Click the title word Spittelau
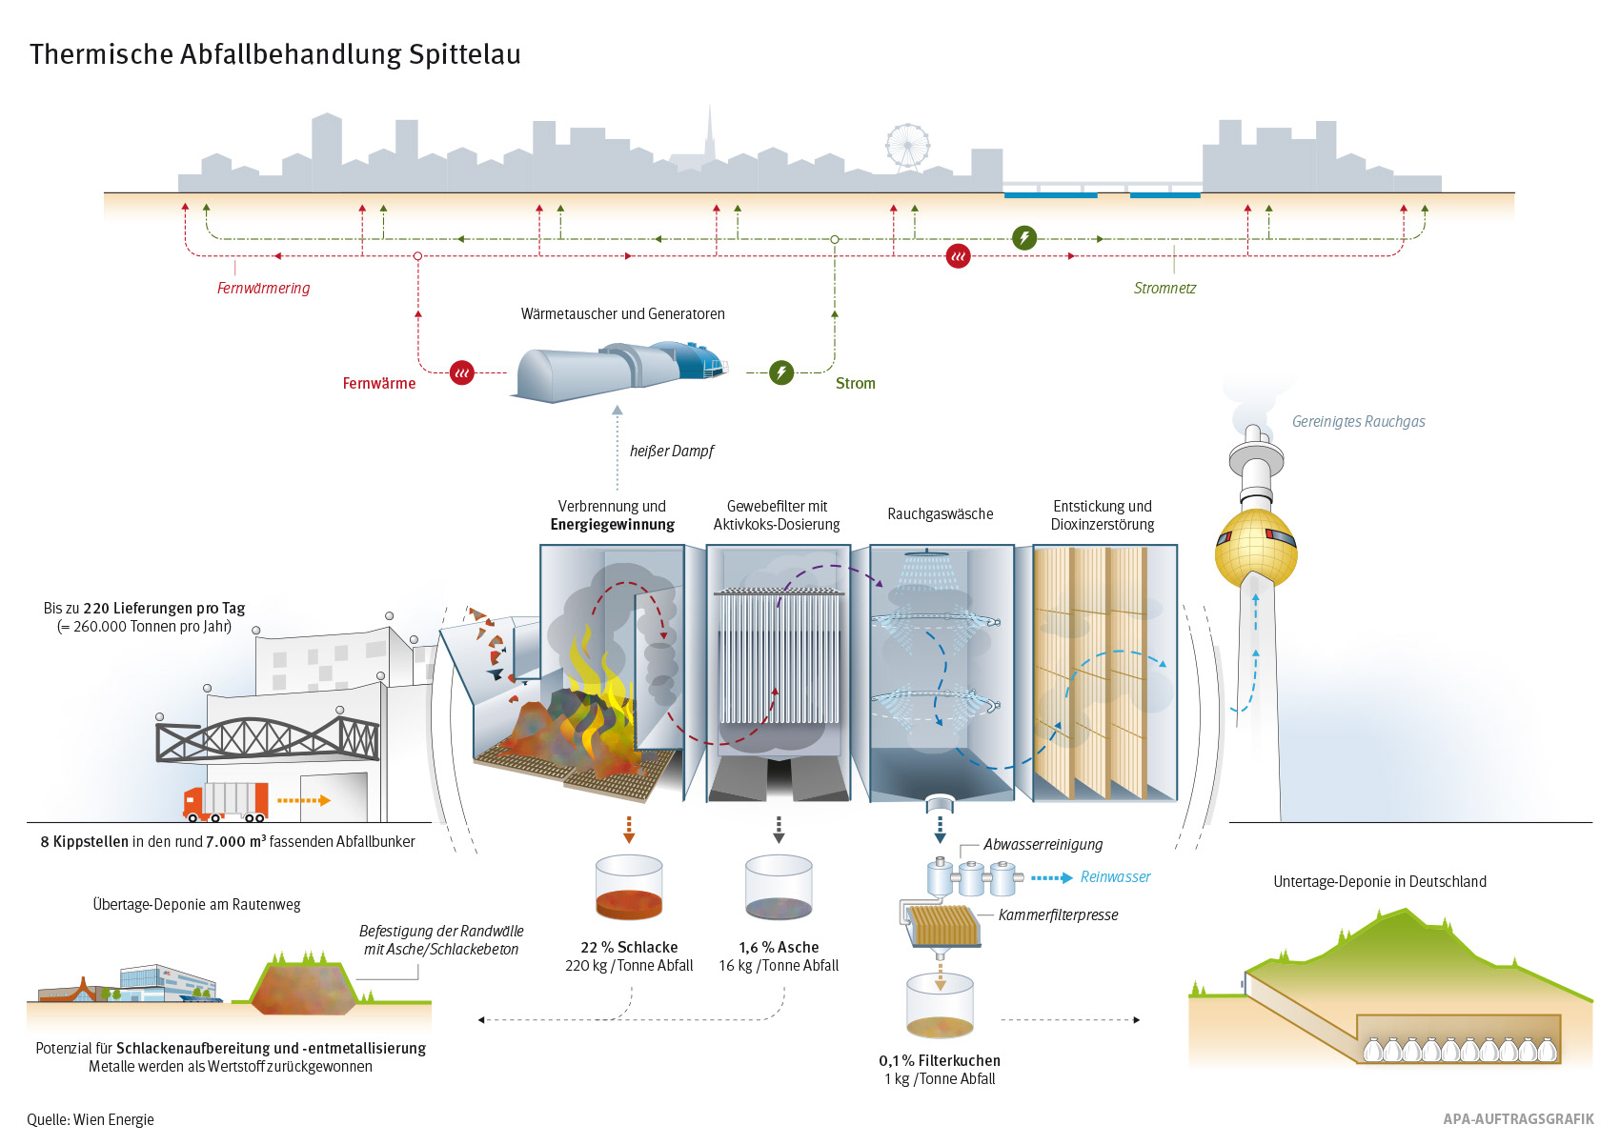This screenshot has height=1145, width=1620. (x=464, y=55)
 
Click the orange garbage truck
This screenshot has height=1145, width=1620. (x=226, y=802)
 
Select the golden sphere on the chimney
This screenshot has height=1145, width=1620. (x=1256, y=549)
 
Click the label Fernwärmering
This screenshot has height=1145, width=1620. (x=263, y=289)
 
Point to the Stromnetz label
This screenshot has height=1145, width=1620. (x=1164, y=289)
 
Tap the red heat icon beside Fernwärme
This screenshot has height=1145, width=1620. (x=462, y=373)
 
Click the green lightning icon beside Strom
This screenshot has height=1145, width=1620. (x=781, y=373)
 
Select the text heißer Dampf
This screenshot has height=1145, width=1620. (x=671, y=452)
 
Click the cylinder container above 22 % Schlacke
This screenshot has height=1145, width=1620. (x=629, y=887)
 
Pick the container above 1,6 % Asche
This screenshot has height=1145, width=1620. (x=779, y=887)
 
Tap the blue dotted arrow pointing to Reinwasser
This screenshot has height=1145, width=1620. (x=1051, y=878)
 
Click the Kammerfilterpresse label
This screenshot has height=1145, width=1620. (x=1058, y=915)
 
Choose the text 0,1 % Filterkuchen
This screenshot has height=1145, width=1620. (x=940, y=1060)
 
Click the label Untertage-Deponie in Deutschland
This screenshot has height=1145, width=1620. (x=1380, y=882)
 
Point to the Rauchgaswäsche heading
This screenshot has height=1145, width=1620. (x=941, y=514)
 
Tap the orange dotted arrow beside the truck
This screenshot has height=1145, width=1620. (x=304, y=800)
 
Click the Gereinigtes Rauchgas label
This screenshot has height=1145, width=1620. (x=1358, y=421)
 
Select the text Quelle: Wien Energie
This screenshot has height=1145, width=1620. (x=91, y=1119)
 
